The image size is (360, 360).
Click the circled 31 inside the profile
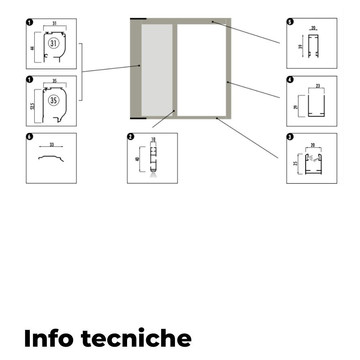click(x=54, y=43)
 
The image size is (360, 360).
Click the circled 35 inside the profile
click(x=54, y=100)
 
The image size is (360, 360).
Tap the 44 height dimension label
click(x=33, y=48)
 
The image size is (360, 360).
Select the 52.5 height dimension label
click(x=33, y=106)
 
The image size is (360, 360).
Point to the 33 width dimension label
click(x=51, y=144)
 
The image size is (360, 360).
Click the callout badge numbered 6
click(x=30, y=136)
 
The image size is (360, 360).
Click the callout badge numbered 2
click(x=131, y=136)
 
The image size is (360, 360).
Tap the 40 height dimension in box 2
click(x=138, y=159)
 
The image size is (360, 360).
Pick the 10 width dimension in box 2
click(x=153, y=139)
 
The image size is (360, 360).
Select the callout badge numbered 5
click(x=290, y=22)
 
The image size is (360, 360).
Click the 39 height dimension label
click(x=300, y=46)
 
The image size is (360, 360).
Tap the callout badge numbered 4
click(x=290, y=80)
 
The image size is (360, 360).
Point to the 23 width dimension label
click(x=318, y=86)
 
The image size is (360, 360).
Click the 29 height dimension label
click(x=296, y=107)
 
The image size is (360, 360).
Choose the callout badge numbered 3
click(x=290, y=137)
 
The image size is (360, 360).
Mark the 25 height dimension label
click(x=296, y=163)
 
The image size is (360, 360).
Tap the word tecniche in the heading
click(x=136, y=338)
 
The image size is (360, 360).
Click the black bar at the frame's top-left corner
click(x=138, y=19)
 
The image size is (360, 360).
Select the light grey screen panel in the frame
click(x=157, y=70)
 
